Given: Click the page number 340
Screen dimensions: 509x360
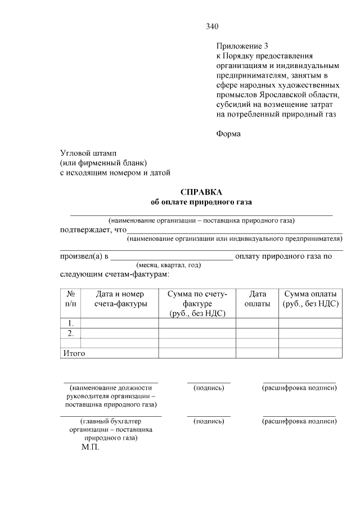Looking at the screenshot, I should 212,26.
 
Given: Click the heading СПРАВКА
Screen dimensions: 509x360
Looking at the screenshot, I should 201,192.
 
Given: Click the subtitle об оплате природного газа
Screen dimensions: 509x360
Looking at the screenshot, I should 201,202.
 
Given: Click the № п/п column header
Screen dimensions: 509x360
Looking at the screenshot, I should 71,299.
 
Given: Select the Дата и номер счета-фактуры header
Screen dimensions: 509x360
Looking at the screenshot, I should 120,299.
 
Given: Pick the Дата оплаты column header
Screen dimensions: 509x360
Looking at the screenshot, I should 257,299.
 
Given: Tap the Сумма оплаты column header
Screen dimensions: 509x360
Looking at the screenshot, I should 310,299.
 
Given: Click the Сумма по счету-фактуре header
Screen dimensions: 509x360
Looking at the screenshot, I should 197,304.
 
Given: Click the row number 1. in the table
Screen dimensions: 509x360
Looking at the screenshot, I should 71,323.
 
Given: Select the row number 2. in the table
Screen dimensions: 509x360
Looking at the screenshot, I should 71,333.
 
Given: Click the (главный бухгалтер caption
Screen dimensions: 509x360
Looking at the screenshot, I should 111,421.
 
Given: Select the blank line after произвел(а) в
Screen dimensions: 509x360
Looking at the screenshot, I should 171,257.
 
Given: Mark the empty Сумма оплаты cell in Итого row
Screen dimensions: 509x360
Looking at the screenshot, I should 310,353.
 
